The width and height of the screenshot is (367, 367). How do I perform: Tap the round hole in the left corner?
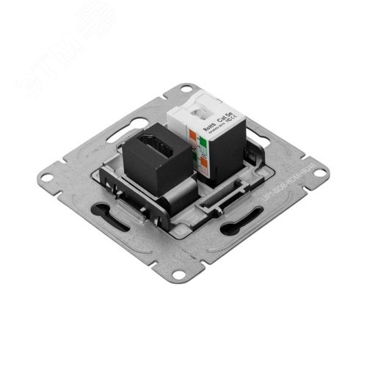[47, 177]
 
